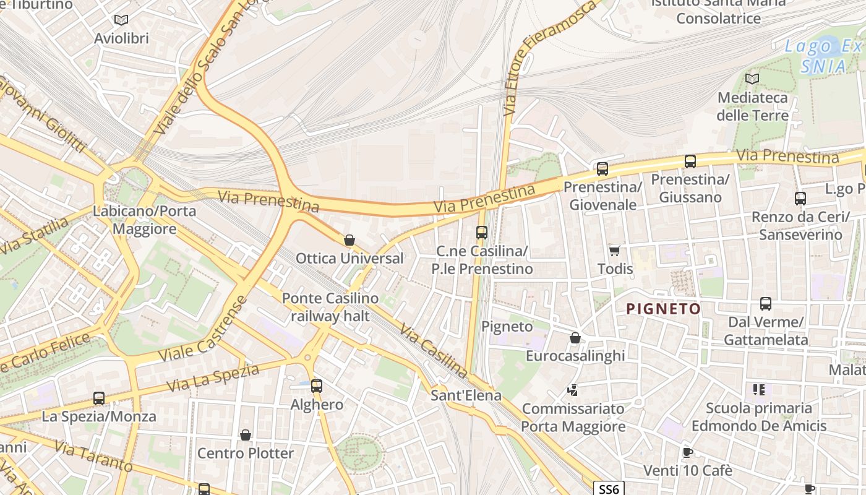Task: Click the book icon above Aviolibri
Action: [121, 20]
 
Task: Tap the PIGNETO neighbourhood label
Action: [664, 309]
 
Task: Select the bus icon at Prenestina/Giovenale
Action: [602, 168]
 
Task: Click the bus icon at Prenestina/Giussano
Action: [690, 161]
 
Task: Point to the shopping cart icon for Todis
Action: [614, 251]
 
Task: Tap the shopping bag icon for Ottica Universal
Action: [349, 240]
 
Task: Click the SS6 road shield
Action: [609, 489]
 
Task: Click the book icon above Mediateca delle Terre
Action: [752, 79]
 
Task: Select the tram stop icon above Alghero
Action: [317, 386]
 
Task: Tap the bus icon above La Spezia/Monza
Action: [99, 398]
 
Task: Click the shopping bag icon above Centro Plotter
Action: [246, 435]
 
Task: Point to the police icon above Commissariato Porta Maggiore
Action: [573, 390]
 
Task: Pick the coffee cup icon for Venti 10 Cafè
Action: [687, 452]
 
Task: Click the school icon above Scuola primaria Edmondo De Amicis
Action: [759, 390]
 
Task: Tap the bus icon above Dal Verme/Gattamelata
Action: [766, 304]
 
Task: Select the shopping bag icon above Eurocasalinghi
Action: [575, 338]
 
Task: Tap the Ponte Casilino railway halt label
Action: [330, 307]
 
